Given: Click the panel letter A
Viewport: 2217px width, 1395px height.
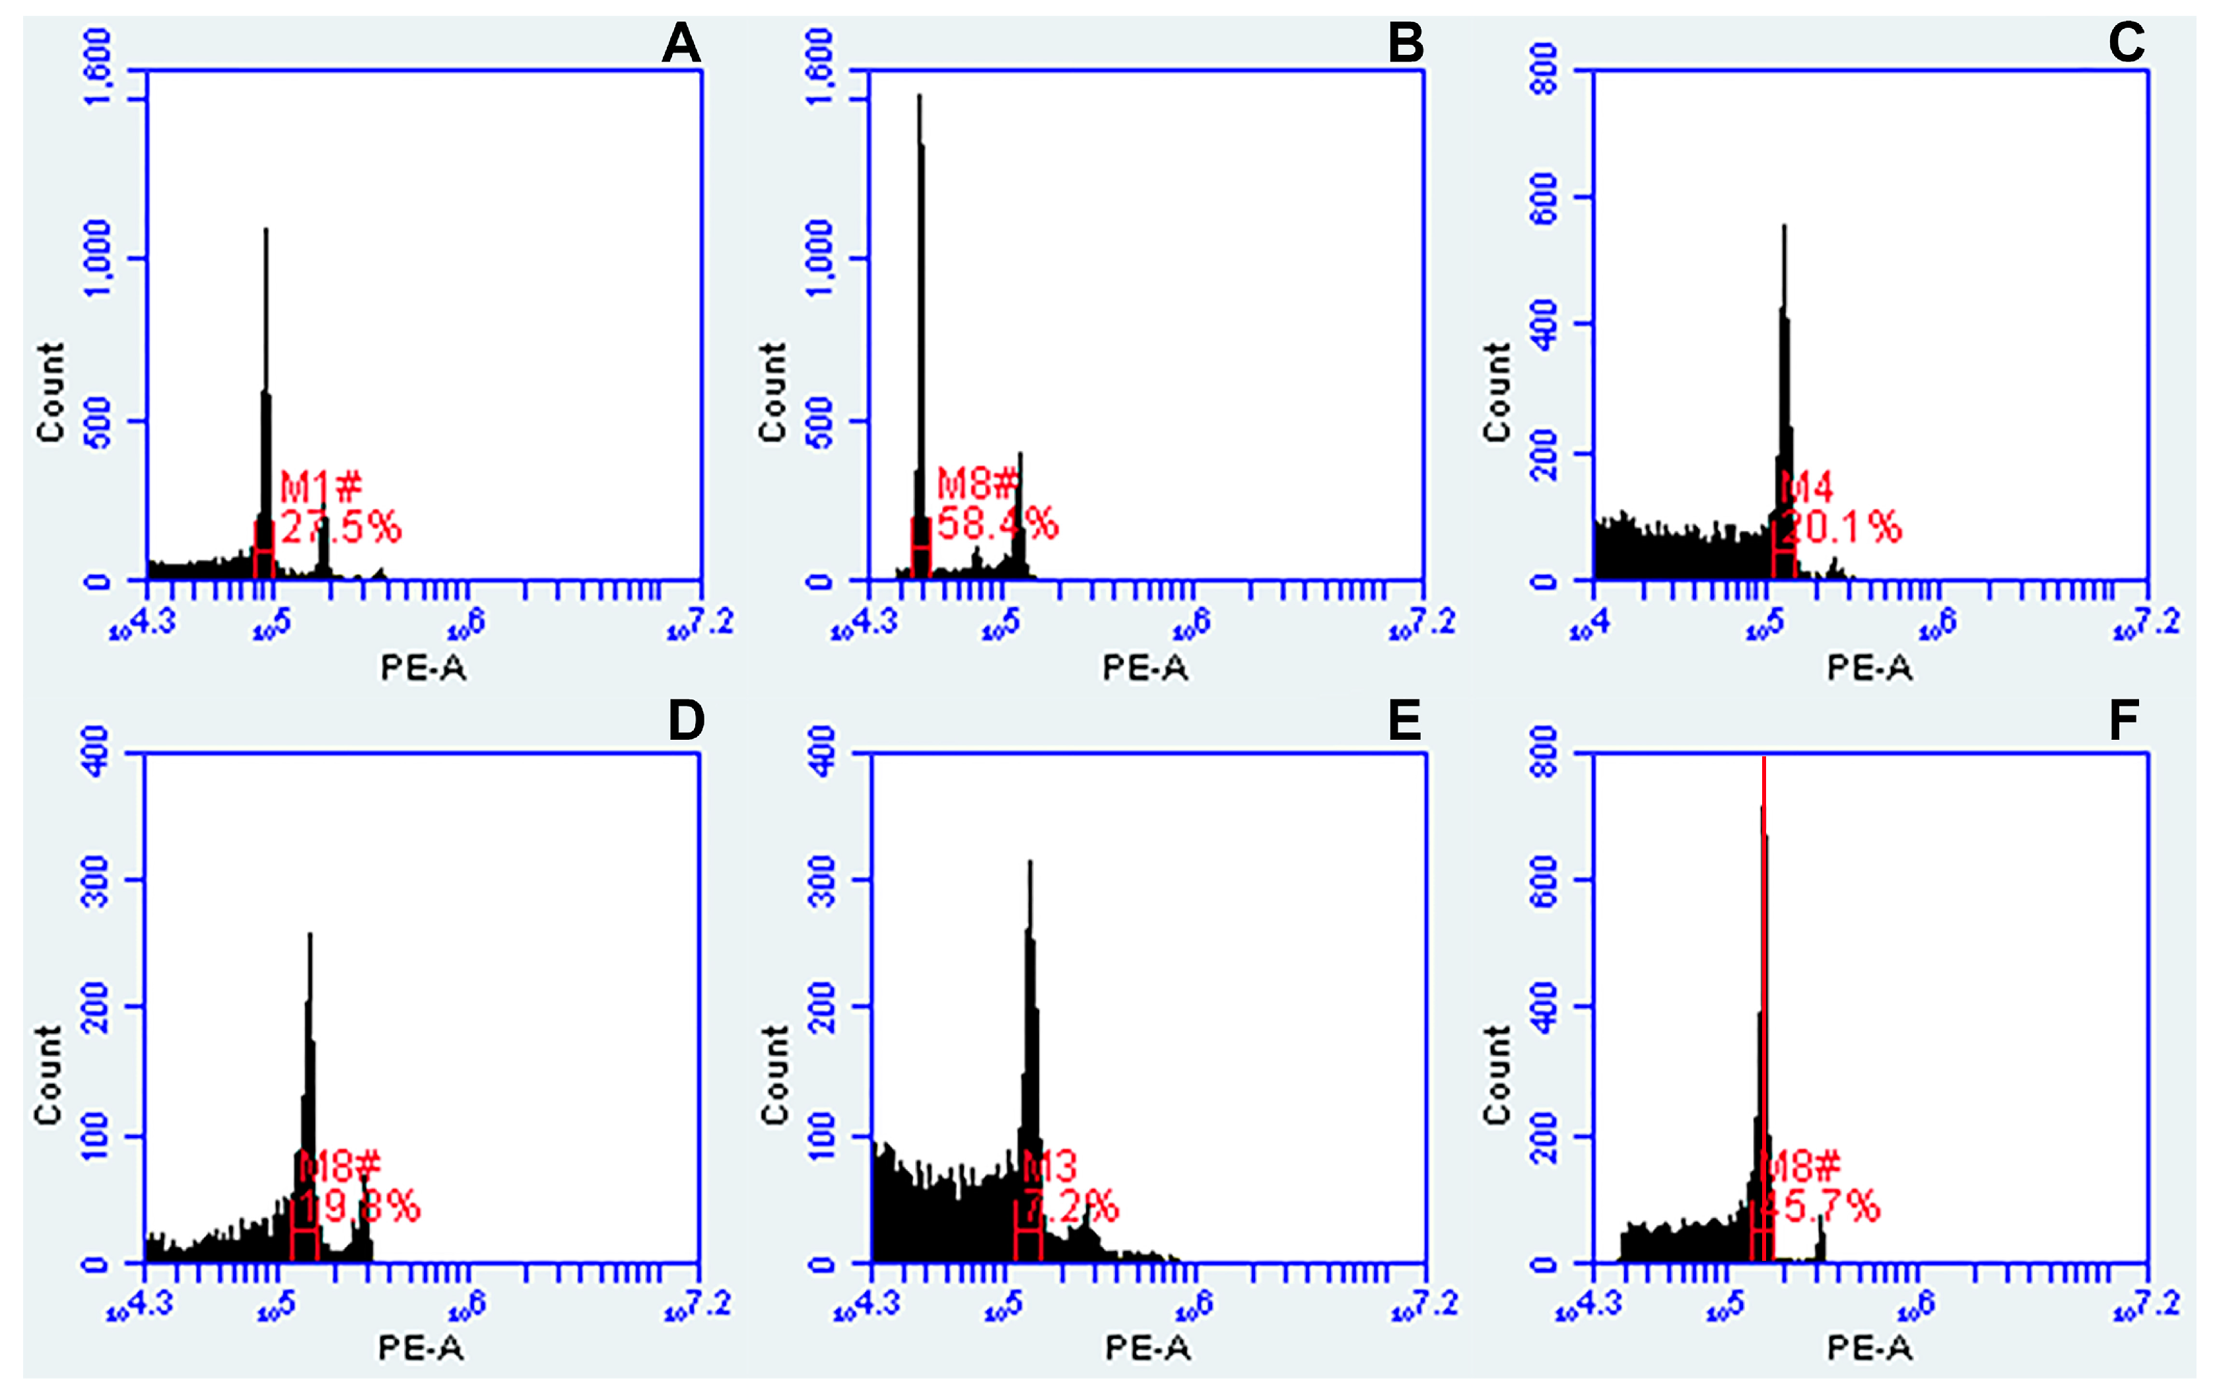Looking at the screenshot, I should [x=681, y=44].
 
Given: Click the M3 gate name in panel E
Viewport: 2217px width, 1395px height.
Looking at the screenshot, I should [x=1050, y=1168].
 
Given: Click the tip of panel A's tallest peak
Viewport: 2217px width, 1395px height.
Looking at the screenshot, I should [x=266, y=231].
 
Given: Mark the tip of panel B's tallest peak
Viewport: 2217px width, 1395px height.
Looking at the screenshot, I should [x=919, y=96].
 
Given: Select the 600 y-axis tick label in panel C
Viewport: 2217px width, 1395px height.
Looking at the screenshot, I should [x=1545, y=197].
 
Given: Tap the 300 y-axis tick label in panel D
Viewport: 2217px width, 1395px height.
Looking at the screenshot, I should [x=96, y=880].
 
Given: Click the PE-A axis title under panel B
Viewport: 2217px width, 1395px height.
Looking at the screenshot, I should [x=1145, y=668].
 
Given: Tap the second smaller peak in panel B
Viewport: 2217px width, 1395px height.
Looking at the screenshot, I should [x=1019, y=456].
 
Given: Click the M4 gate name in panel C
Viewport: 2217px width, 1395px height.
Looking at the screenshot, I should [x=1806, y=487].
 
